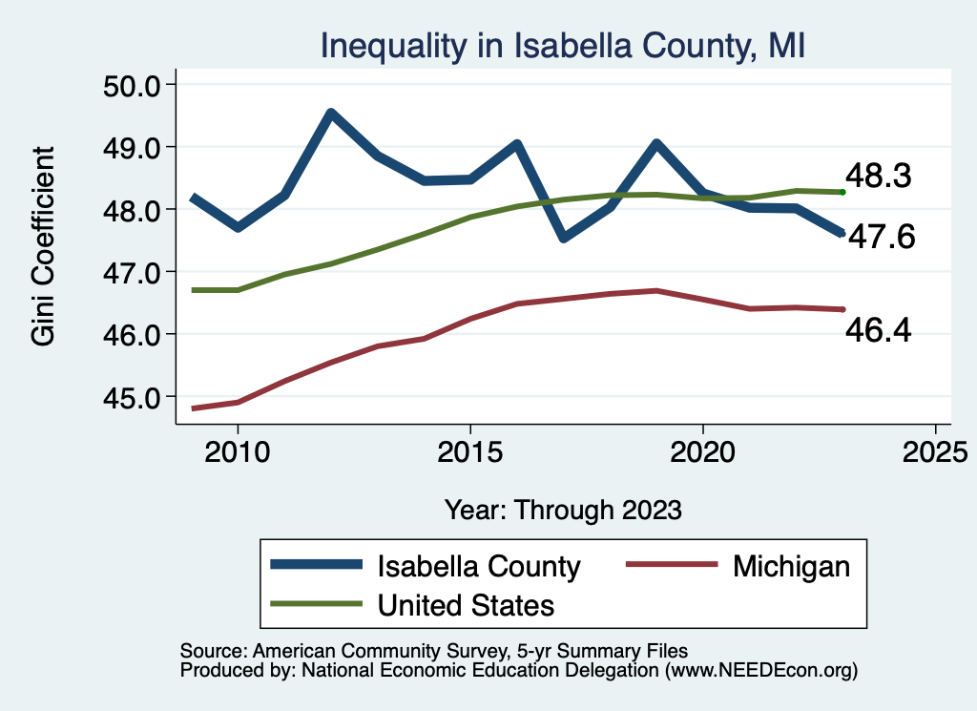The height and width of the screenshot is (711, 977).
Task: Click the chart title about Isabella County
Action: point(563,46)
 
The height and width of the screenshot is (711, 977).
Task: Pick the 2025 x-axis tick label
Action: point(935,450)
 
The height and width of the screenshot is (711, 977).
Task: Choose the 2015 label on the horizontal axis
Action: point(469,450)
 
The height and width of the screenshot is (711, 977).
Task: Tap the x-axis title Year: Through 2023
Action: point(563,510)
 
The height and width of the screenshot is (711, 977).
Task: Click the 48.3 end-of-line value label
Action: point(879,177)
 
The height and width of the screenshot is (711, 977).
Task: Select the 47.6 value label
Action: point(882,238)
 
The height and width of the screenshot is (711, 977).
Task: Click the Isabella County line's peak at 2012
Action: point(330,115)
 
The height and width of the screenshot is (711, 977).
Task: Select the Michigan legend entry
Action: point(791,566)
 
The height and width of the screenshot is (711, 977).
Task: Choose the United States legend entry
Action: point(466,604)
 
